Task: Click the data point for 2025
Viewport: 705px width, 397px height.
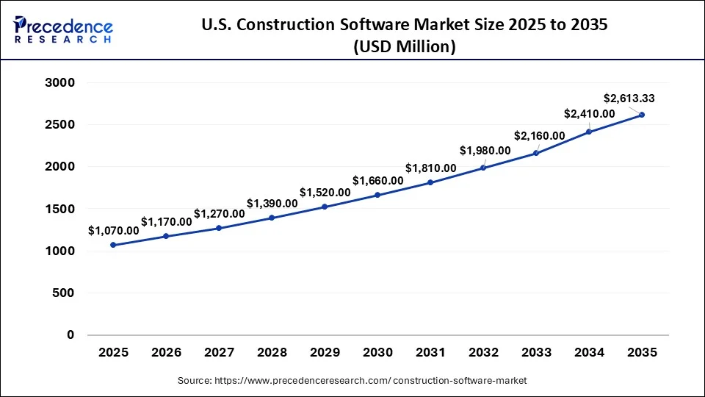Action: (x=113, y=245)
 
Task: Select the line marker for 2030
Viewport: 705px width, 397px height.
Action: (x=377, y=195)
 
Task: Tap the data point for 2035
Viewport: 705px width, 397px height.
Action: (x=642, y=115)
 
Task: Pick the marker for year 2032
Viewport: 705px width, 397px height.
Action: (x=483, y=168)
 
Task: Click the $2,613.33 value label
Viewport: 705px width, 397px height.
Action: (x=629, y=99)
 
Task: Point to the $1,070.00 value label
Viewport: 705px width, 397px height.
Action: (x=114, y=230)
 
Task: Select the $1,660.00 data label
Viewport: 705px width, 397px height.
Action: (x=377, y=180)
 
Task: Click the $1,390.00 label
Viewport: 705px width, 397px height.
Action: (x=272, y=203)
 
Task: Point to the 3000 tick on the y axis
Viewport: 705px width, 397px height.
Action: (x=60, y=83)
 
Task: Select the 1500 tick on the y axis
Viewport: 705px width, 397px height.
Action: (x=60, y=210)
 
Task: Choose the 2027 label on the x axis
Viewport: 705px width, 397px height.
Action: (x=219, y=352)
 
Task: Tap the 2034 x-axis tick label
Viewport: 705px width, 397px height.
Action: (x=589, y=352)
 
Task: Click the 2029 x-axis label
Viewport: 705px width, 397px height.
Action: (x=325, y=352)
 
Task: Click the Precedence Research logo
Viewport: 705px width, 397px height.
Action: (x=63, y=30)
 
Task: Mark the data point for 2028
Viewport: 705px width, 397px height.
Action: (x=272, y=218)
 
